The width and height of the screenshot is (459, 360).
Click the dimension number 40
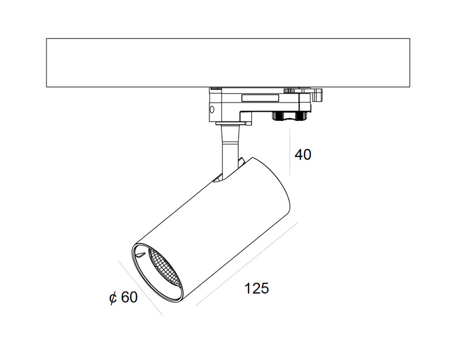point(303,155)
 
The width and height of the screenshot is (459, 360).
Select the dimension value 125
point(256,288)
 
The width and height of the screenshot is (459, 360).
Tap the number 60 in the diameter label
point(129,297)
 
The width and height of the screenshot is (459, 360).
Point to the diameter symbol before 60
point(113,298)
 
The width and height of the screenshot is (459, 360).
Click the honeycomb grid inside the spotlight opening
point(164,268)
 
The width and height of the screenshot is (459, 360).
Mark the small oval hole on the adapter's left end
point(212,109)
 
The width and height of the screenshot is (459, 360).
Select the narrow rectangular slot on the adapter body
point(260,98)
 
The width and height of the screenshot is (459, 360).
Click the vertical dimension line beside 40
point(290,152)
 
